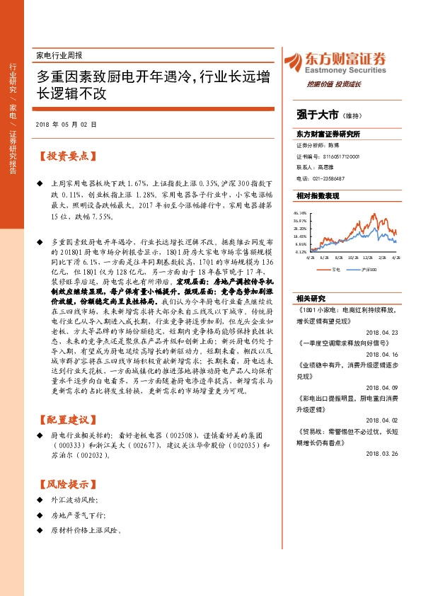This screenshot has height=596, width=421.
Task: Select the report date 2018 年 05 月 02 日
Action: pyautogui.click(x=65, y=124)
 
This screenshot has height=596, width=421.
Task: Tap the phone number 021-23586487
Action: pyautogui.click(x=330, y=178)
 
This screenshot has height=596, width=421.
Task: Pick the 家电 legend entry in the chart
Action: pyautogui.click(x=333, y=270)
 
